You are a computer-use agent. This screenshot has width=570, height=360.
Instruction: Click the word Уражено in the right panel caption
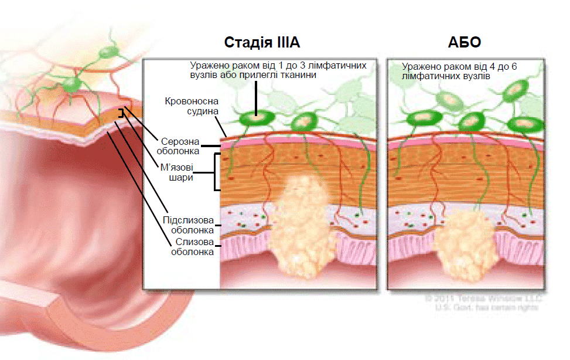pos(419,67)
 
